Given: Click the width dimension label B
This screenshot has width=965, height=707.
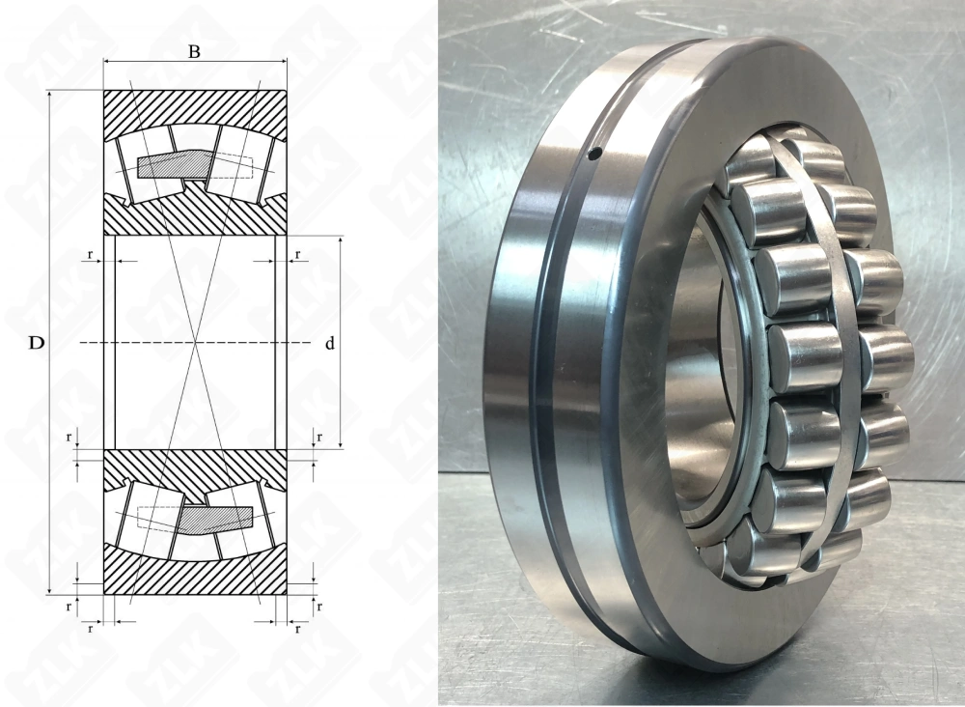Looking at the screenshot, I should click(x=194, y=51).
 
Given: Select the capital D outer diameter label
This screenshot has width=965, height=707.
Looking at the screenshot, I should click(x=36, y=343).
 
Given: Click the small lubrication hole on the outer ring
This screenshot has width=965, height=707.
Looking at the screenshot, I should click(x=594, y=152).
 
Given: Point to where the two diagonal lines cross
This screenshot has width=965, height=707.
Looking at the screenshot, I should click(x=195, y=343).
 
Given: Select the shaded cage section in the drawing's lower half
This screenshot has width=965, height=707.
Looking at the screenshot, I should click(x=214, y=519).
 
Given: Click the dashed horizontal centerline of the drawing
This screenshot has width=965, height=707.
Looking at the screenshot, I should click(x=145, y=343).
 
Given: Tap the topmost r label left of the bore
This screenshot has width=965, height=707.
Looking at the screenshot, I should click(x=91, y=255).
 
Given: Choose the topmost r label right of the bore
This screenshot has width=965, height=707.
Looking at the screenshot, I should click(x=297, y=255).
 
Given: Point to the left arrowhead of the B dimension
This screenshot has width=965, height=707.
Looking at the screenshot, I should click(x=108, y=64).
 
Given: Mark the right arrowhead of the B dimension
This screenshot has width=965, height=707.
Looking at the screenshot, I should click(x=282, y=64).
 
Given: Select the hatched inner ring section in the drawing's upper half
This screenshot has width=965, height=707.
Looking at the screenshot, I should click(x=194, y=218).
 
